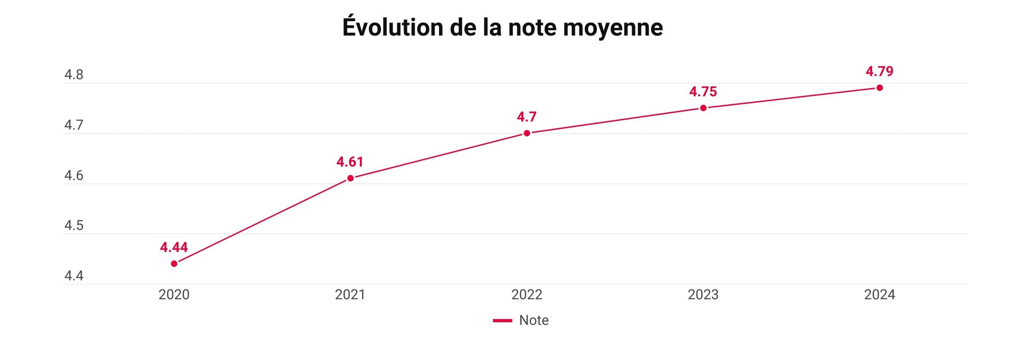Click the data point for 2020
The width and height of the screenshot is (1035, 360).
pyautogui.click(x=174, y=264)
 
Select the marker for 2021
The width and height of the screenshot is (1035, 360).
pyautogui.click(x=350, y=178)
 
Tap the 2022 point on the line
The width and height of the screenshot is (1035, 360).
pyautogui.click(x=527, y=133)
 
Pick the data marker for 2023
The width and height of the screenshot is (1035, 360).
pyautogui.click(x=703, y=108)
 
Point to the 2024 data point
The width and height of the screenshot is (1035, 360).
pyautogui.click(x=879, y=88)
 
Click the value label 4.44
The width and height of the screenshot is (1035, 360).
pyautogui.click(x=174, y=247)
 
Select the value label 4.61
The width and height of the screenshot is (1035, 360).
pyautogui.click(x=350, y=162)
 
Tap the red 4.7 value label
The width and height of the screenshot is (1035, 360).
pyautogui.click(x=527, y=117)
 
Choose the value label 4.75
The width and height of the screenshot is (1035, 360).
pyautogui.click(x=703, y=92)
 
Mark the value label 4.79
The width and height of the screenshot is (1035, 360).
pyautogui.click(x=879, y=72)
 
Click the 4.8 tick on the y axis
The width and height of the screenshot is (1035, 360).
pyautogui.click(x=74, y=75)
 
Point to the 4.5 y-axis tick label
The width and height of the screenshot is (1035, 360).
pyautogui.click(x=74, y=225)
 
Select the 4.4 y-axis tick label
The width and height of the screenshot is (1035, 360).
pyautogui.click(x=74, y=276)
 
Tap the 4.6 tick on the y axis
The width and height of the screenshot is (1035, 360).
pyautogui.click(x=74, y=175)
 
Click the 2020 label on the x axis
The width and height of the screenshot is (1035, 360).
pyautogui.click(x=174, y=295)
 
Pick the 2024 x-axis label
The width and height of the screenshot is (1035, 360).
pyautogui.click(x=879, y=295)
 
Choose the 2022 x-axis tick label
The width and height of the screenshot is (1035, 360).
pyautogui.click(x=527, y=295)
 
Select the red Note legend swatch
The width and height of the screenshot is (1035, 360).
pyautogui.click(x=502, y=320)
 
